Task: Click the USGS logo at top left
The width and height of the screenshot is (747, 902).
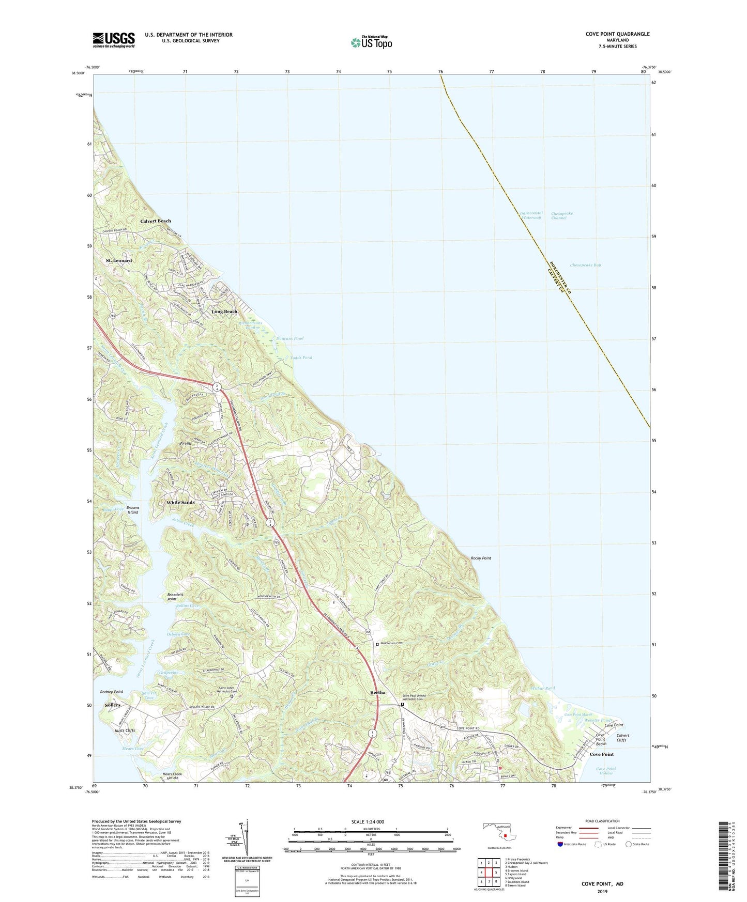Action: click(114, 40)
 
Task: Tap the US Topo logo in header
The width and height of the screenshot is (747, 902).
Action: click(371, 42)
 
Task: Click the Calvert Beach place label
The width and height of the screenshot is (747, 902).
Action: click(156, 221)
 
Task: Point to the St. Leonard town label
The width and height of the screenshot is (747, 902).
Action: click(119, 260)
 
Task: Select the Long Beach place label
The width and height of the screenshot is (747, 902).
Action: click(224, 312)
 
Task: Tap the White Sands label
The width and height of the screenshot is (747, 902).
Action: click(180, 502)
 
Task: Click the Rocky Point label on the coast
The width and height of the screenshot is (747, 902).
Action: click(481, 558)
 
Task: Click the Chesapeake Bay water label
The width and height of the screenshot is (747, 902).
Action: click(585, 265)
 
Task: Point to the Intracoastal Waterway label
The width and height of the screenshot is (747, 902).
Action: click(530, 215)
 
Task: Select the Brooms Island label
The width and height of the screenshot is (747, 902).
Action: click(133, 510)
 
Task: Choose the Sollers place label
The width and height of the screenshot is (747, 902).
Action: click(113, 705)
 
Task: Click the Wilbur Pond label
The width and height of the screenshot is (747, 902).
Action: click(542, 688)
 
